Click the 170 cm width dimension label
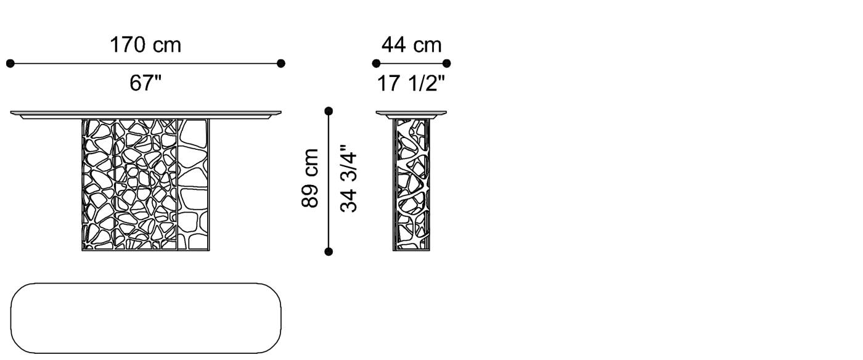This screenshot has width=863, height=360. pos(145,45)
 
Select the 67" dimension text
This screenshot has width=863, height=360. pos(145,83)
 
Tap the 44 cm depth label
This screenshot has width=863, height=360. pos(411,45)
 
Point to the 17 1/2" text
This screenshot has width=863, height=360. pos(411,83)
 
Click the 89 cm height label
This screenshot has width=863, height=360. pos(311,178)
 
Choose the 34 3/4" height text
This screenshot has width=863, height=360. pos(349,179)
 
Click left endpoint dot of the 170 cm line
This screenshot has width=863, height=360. pos(10,63)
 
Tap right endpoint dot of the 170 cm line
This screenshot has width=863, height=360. pos(281,63)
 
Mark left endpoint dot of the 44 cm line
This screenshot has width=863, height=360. pos(376,63)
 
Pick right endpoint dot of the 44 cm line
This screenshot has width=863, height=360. pos(447,63)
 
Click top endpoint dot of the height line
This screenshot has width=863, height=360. pos(329,111)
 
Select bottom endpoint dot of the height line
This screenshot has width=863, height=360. pos(329,252)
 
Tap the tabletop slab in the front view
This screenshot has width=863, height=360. pos(145,114)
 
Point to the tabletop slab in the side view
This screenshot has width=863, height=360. pos(411,114)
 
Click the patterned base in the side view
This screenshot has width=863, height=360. pos(412,185)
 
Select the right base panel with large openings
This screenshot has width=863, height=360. pos(194,185)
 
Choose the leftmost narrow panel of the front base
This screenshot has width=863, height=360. pos(99,185)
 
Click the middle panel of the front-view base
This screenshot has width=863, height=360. pos(146,185)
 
